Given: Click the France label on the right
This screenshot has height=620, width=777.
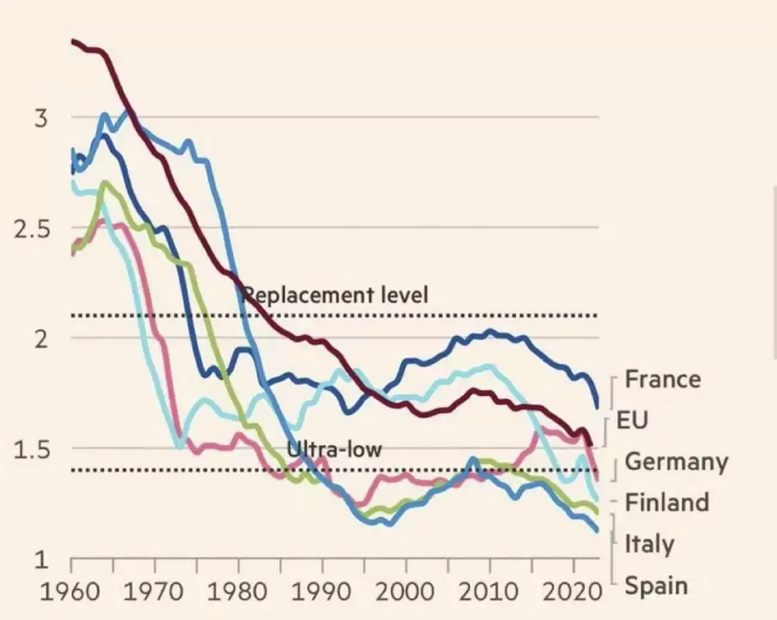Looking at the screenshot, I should [x=663, y=379].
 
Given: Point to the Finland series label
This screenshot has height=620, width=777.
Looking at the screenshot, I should [x=667, y=503].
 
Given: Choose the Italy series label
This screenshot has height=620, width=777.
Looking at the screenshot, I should [x=650, y=543].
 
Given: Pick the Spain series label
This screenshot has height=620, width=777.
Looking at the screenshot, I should [x=656, y=584].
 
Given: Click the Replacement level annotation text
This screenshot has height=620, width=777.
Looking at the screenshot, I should [x=336, y=296].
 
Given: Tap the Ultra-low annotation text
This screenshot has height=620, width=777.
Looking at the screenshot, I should [x=334, y=449].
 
